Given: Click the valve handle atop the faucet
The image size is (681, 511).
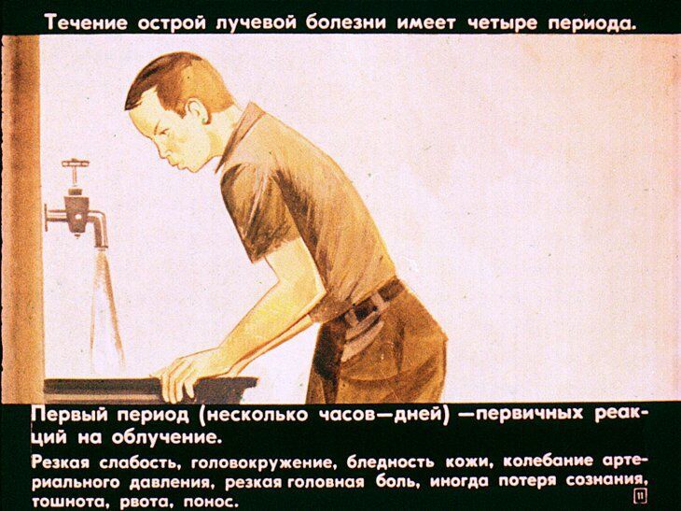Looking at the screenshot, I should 76,166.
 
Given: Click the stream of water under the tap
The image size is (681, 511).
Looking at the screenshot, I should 105,308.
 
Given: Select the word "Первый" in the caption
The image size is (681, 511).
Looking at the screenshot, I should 70,414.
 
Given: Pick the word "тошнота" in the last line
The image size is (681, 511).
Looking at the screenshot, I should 64,500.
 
